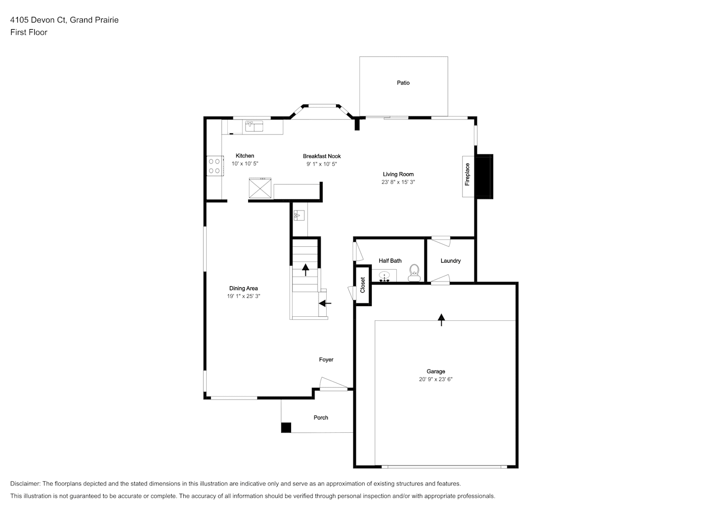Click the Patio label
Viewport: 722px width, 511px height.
click(403, 83)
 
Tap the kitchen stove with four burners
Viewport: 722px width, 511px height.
click(214, 166)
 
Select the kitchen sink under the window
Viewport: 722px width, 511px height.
click(254, 126)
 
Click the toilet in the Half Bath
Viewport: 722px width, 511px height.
click(414, 273)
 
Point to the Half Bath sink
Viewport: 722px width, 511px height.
click(384, 276)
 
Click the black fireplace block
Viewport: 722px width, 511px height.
click(485, 176)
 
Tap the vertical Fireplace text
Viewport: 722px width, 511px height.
click(467, 175)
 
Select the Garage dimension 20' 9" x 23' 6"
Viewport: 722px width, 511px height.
click(436, 379)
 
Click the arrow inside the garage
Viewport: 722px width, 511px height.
click(441, 320)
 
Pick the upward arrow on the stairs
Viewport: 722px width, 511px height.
click(305, 270)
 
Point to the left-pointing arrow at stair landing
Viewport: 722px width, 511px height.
click(325, 303)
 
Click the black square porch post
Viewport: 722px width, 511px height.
click(286, 427)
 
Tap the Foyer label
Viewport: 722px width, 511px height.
click(326, 360)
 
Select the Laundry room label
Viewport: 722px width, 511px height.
click(450, 261)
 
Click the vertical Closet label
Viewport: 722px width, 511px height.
click(363, 285)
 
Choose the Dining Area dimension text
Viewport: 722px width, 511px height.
click(244, 296)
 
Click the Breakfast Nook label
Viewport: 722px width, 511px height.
click(322, 156)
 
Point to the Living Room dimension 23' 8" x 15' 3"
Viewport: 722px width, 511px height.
click(398, 182)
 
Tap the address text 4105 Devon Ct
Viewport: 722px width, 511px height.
click(38, 20)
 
